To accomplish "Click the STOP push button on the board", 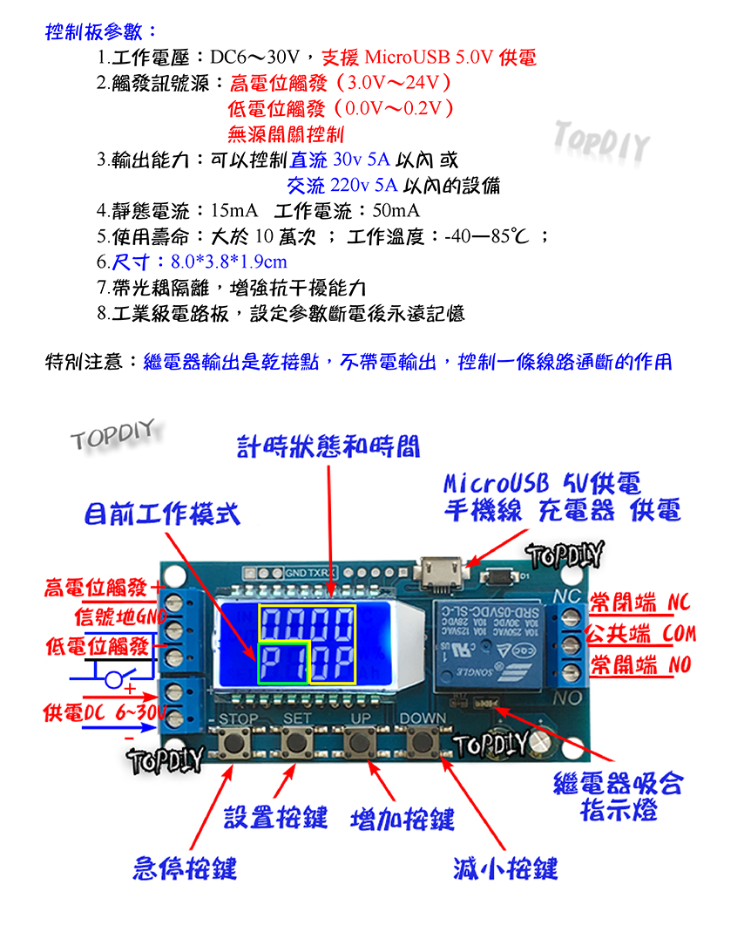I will coord(233,743).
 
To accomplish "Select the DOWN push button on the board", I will coord(424,743).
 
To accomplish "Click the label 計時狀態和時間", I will coord(328,447).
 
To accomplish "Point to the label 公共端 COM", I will coord(641,633).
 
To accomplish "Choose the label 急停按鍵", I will coord(184,868).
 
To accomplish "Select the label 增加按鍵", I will coord(403,819).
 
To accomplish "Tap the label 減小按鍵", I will coord(505,868).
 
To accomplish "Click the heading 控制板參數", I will coord(101,32).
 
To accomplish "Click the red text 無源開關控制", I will coord(286,134).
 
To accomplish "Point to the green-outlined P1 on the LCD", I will coord(283,664).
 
